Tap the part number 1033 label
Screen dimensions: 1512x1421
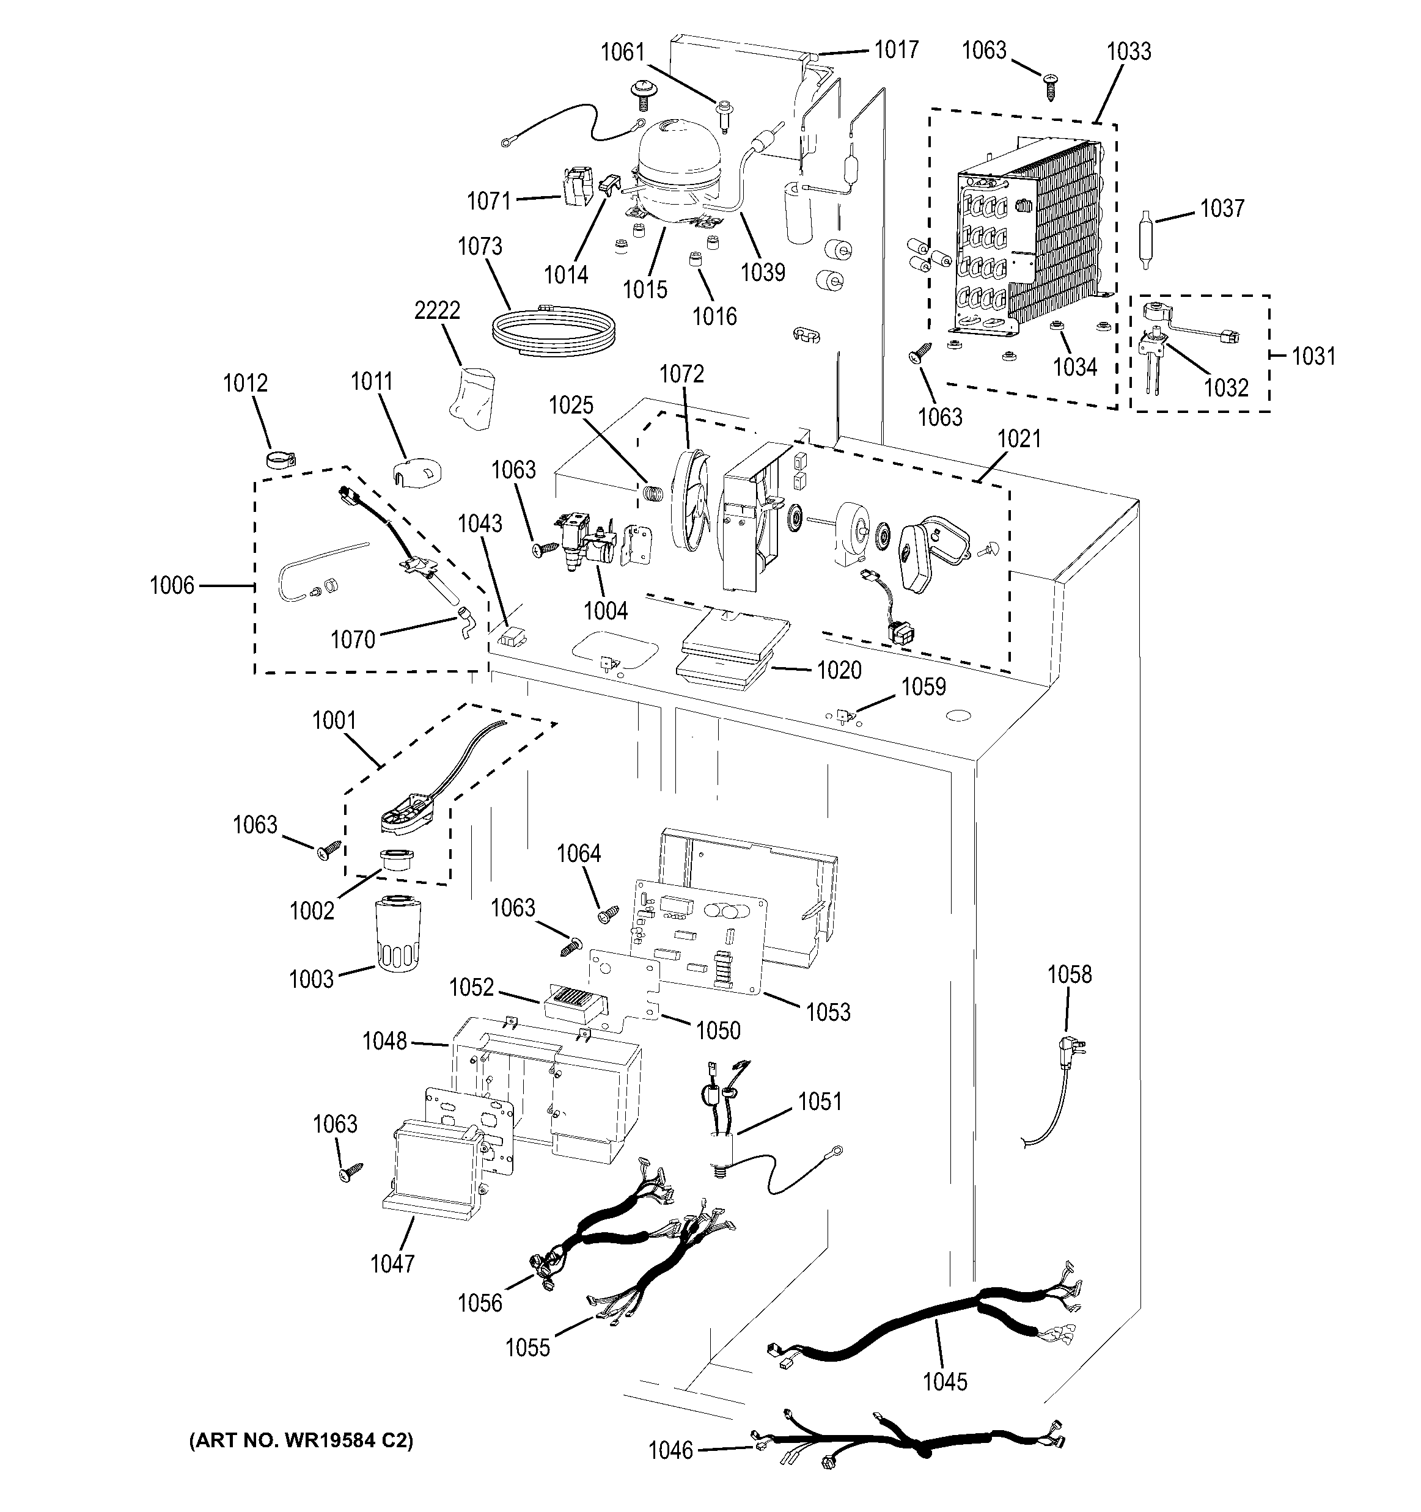pyautogui.click(x=1128, y=52)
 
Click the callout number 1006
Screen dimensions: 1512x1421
pyautogui.click(x=172, y=586)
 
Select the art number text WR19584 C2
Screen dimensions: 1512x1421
pyautogui.click(x=301, y=1440)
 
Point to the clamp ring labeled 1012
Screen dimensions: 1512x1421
pyautogui.click(x=279, y=459)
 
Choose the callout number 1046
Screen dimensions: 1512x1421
pyautogui.click(x=670, y=1451)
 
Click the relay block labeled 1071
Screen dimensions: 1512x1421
pyautogui.click(x=576, y=186)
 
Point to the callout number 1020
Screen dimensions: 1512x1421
pyautogui.click(x=839, y=670)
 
